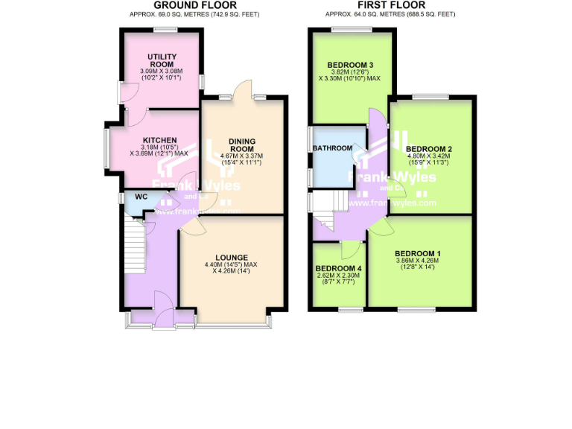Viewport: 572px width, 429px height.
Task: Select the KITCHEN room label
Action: point(159,140)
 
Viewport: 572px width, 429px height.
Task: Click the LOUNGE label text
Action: point(231,258)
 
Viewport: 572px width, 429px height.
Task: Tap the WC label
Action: point(140,198)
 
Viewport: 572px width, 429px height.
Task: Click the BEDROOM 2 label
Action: point(430,149)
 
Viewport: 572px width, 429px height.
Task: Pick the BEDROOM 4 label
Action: point(338,268)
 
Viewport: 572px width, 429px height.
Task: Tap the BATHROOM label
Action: point(332,148)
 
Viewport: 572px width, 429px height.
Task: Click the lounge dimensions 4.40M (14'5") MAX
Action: point(231,265)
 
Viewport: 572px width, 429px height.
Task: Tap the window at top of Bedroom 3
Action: point(352,30)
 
